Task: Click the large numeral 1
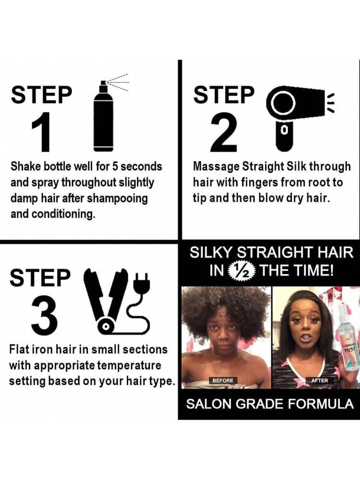[x=40, y=132]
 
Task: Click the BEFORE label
[x=223, y=380]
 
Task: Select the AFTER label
[x=319, y=380]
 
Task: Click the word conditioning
[x=62, y=214]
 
